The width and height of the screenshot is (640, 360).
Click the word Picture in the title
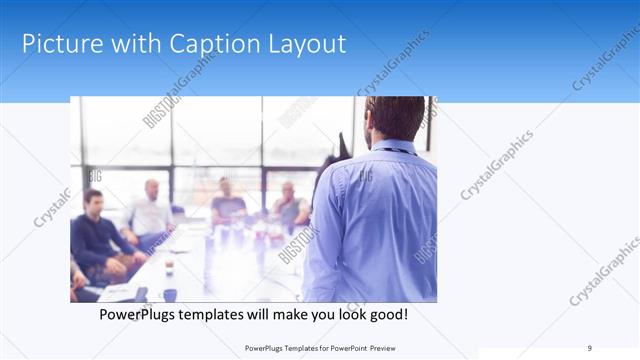[62, 44]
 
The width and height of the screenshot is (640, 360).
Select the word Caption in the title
[204, 44]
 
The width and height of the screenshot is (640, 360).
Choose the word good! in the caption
[386, 315]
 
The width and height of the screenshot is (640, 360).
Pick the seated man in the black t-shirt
[227, 205]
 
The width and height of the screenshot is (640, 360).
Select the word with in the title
[133, 44]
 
